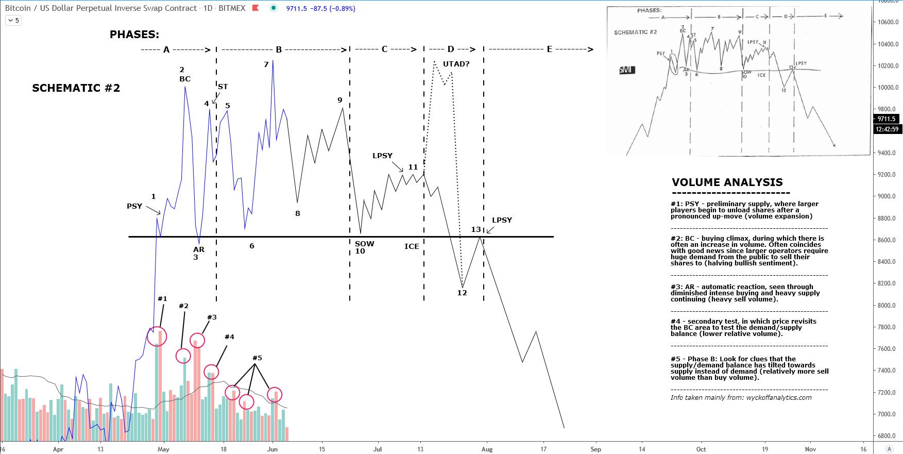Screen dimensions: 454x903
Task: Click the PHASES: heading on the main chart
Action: (x=134, y=35)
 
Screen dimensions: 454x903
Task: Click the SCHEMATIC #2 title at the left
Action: (x=76, y=88)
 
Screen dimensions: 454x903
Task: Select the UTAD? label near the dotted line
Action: (x=456, y=64)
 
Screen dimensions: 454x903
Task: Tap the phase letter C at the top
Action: (x=384, y=49)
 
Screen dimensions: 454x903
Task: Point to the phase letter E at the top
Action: (x=549, y=49)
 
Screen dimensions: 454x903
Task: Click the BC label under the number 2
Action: (x=185, y=79)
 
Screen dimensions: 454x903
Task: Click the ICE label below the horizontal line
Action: (x=412, y=246)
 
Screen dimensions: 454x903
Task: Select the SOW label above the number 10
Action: (x=364, y=244)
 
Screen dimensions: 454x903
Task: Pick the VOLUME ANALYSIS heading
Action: (x=727, y=182)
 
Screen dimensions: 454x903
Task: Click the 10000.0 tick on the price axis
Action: (x=889, y=88)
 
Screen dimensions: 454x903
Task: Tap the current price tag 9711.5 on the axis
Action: (x=887, y=119)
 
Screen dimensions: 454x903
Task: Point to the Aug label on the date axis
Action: (x=487, y=449)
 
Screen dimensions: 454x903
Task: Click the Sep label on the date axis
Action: (x=595, y=449)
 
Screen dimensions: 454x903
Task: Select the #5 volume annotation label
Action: (x=257, y=358)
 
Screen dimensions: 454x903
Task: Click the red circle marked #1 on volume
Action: (x=157, y=337)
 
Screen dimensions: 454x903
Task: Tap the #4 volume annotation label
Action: (x=229, y=337)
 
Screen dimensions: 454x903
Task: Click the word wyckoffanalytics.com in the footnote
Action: (x=778, y=398)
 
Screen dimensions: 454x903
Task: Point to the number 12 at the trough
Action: (x=462, y=293)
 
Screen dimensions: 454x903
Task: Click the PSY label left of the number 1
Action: (x=134, y=206)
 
